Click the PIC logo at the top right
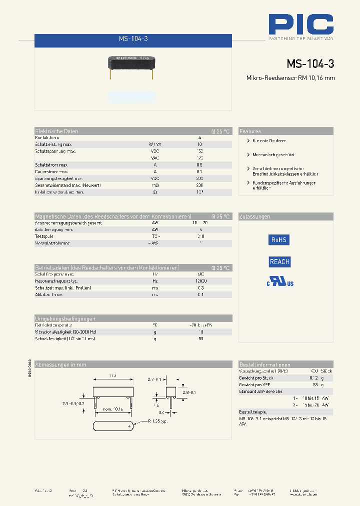pos(300,24)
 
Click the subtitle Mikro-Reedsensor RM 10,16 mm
pos(290,77)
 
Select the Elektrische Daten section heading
pos(57,131)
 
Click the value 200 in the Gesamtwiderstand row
pos(200,185)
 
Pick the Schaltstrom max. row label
pos(51,164)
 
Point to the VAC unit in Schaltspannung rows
pos(155,157)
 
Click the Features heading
pos(250,131)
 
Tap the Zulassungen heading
pos(255,216)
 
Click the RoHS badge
pos(279,240)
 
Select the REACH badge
pos(279,261)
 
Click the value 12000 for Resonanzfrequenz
pos(200,281)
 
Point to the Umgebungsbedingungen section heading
pos(65,318)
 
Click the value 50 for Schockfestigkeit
pos(200,338)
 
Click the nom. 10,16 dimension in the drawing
pos(113,409)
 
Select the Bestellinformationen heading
pos(265,364)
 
